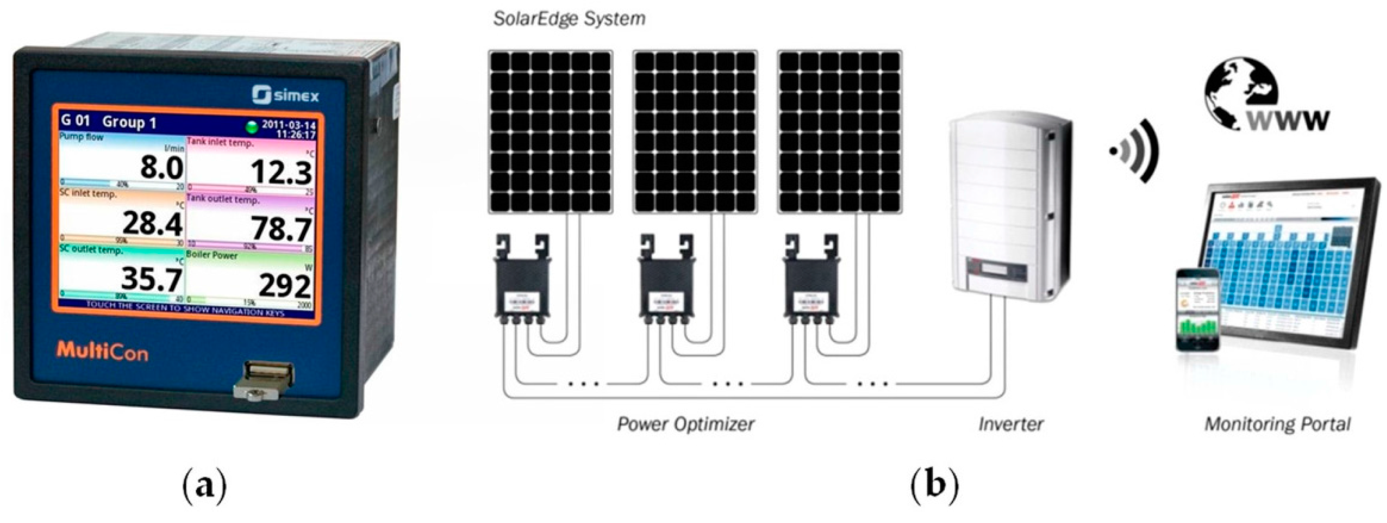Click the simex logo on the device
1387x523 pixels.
click(285, 95)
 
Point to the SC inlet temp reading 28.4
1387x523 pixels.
click(153, 223)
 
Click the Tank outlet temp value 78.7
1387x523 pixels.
click(281, 229)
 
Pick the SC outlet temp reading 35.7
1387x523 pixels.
click(151, 278)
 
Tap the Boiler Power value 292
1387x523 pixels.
click(285, 285)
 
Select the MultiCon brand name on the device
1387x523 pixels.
click(102, 351)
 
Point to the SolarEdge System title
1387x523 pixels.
click(569, 19)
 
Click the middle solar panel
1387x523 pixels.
click(695, 132)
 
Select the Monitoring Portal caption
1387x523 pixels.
click(1278, 424)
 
